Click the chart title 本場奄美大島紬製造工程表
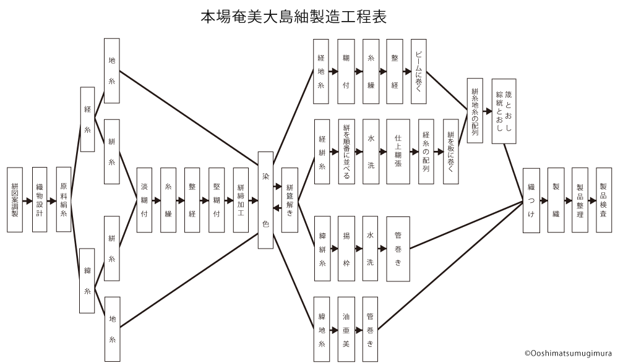click(294, 16)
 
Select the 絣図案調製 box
click(15, 199)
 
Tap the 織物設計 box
click(39, 199)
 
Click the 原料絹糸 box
click(63, 199)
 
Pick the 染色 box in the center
click(265, 200)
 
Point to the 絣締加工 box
click(241, 200)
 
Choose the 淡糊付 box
click(144, 200)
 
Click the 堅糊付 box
click(217, 200)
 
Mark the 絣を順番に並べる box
click(346, 151)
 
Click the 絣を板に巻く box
click(452, 151)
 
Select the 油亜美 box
click(346, 329)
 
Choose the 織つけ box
click(531, 200)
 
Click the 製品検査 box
click(603, 200)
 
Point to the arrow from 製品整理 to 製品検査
click(591, 200)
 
